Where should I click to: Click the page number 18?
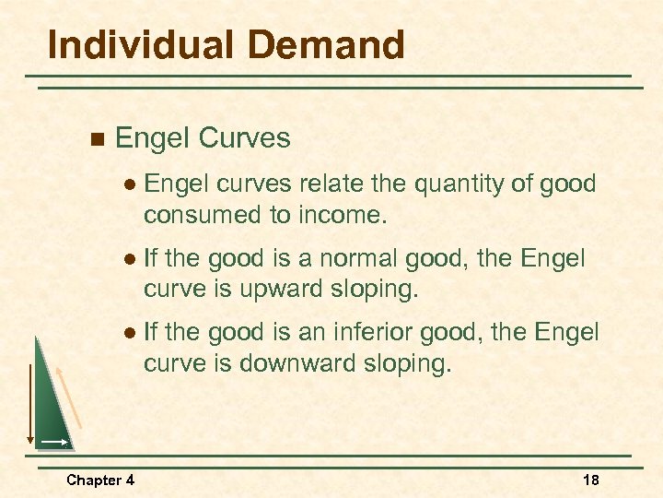pyautogui.click(x=592, y=480)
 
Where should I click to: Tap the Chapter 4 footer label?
pyautogui.click(x=100, y=480)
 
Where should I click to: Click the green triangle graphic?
pyautogui.click(x=50, y=406)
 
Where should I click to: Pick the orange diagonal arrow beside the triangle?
pyautogui.click(x=71, y=397)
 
